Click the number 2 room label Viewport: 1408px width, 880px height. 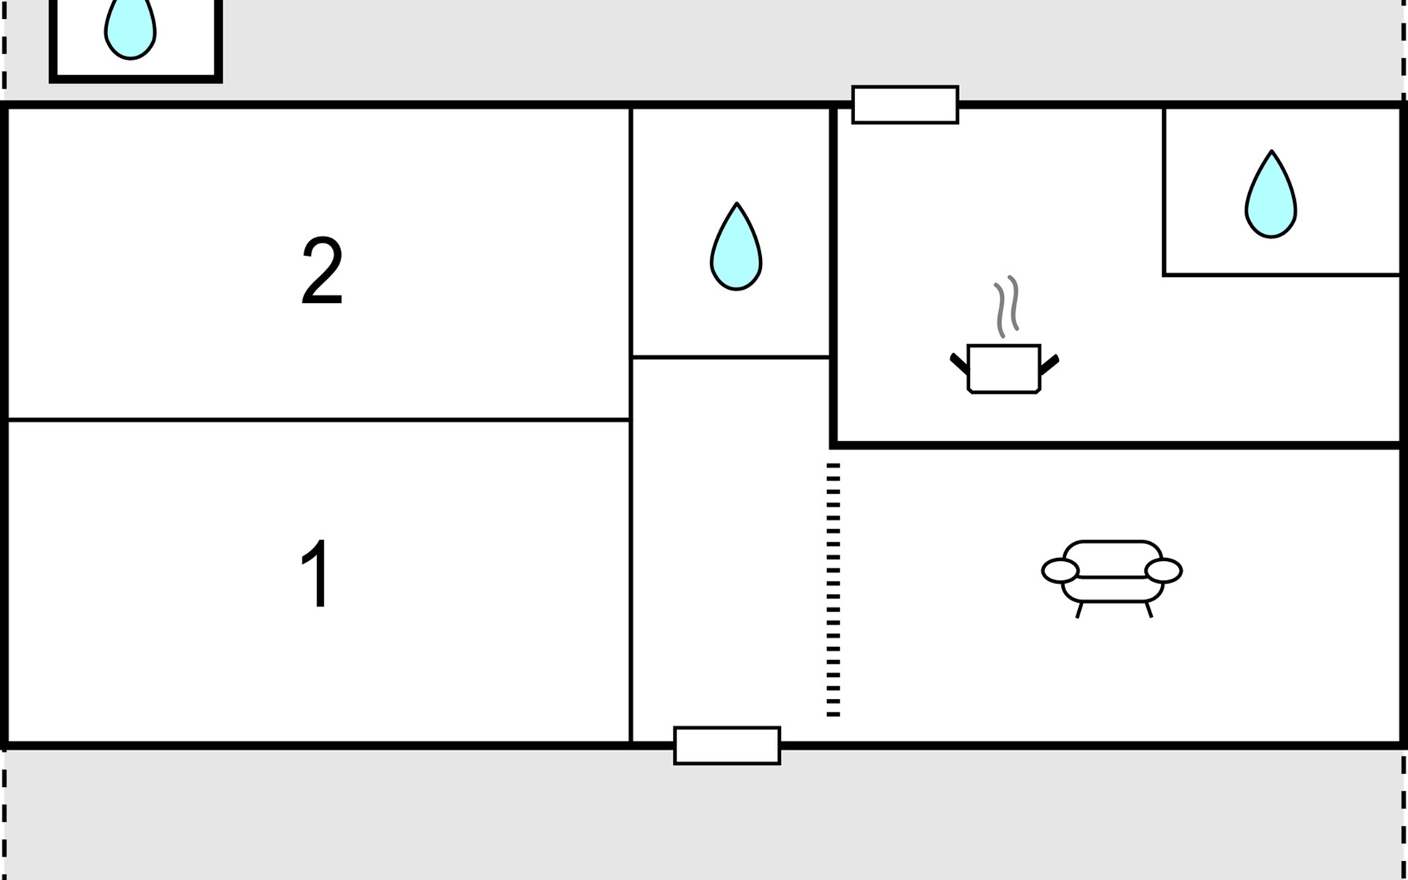tap(322, 271)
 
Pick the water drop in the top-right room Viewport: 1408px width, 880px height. tap(1271, 196)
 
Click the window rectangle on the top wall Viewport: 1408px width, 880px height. tap(905, 105)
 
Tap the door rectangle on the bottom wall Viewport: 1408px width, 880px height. tap(727, 746)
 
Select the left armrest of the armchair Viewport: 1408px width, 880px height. tap(1060, 571)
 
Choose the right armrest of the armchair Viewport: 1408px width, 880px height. tap(1164, 571)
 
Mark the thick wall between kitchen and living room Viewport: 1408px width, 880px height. tap(1115, 444)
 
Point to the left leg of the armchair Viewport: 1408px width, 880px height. tap(1079, 610)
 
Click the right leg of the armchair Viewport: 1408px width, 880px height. tap(1148, 609)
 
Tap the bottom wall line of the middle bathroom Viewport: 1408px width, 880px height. tap(731, 357)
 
